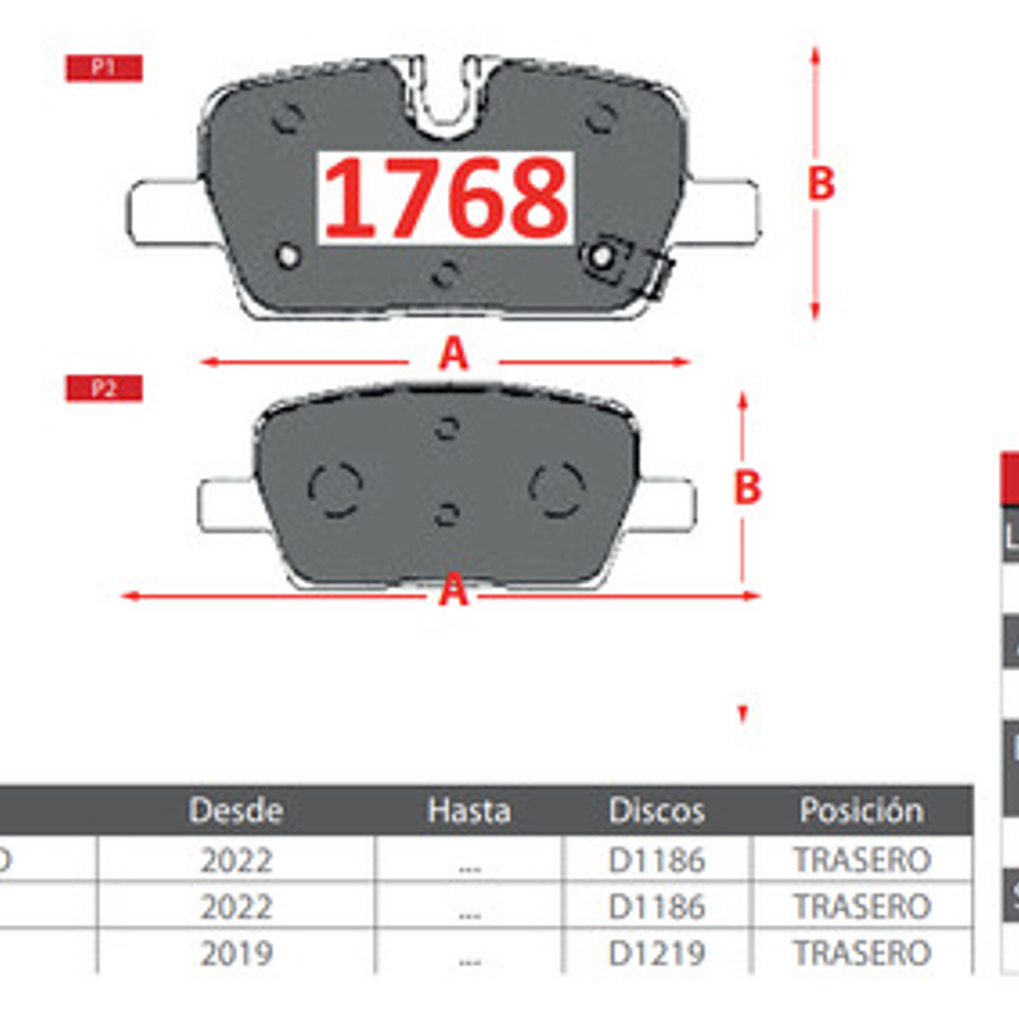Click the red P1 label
(104, 68)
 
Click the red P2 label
(104, 388)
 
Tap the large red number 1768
(445, 198)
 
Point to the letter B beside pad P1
(821, 184)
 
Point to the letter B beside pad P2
(747, 488)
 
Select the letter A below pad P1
(453, 355)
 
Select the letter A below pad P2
(453, 590)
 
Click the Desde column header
(236, 811)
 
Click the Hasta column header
(468, 811)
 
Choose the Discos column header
(656, 811)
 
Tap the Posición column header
(862, 811)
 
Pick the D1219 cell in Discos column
(656, 954)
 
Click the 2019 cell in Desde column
(236, 954)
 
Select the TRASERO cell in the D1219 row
(862, 954)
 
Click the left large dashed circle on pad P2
(334, 490)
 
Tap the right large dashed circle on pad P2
(557, 490)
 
